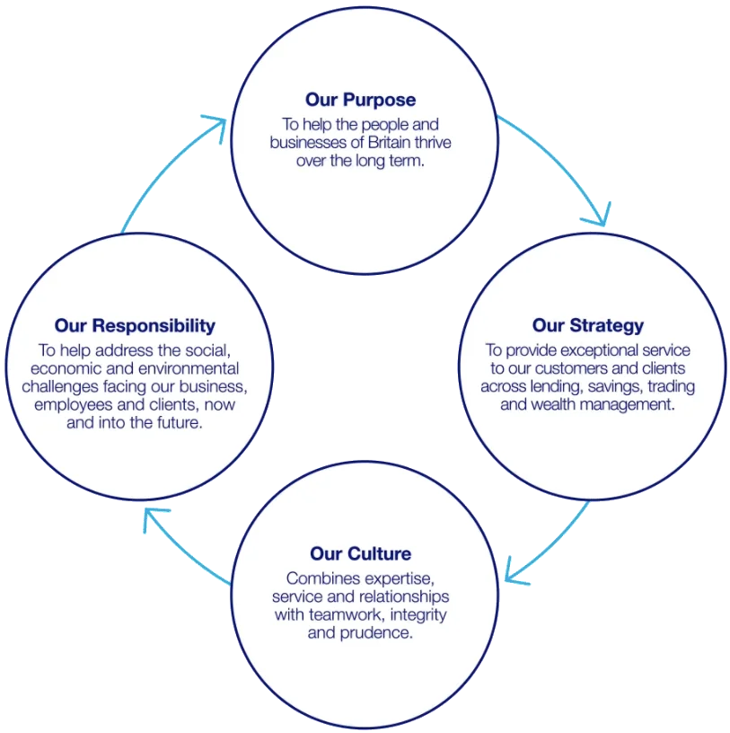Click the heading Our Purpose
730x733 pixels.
(x=360, y=100)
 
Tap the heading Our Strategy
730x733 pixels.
(x=588, y=325)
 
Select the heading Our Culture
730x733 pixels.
(x=361, y=553)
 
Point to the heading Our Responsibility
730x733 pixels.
(x=135, y=325)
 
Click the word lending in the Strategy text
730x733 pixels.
(x=547, y=386)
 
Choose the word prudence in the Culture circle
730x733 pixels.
(x=382, y=632)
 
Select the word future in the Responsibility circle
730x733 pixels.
(x=178, y=422)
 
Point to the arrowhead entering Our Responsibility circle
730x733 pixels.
(x=154, y=518)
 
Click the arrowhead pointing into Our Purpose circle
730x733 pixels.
(x=216, y=125)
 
